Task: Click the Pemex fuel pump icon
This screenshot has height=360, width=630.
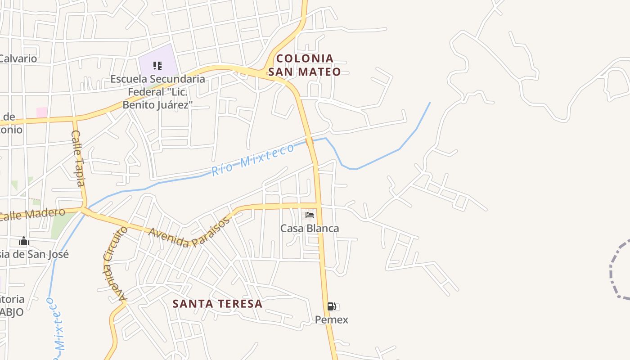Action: click(331, 306)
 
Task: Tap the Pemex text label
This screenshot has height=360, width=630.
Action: click(331, 320)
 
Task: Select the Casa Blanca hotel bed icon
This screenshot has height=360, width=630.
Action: click(310, 215)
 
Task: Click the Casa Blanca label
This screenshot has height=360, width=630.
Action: click(310, 228)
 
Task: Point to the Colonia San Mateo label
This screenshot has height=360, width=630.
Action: click(305, 65)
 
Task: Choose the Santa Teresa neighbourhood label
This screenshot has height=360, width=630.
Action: click(217, 304)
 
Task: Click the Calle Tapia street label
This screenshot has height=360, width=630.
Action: click(78, 157)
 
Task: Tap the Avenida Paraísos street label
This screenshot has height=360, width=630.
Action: click(189, 231)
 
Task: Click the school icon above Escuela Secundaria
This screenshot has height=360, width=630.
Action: click(157, 66)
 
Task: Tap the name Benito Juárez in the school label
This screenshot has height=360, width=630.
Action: click(157, 105)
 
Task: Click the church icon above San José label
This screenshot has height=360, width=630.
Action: click(24, 242)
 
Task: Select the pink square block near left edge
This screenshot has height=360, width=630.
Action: click(41, 112)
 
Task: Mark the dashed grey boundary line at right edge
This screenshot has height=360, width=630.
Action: click(614, 270)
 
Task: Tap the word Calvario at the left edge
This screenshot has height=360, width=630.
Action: click(18, 58)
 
